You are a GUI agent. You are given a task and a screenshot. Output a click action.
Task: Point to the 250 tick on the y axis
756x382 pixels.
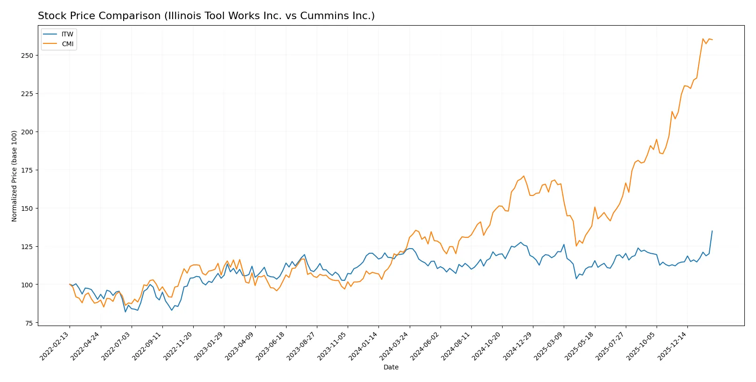point(27,56)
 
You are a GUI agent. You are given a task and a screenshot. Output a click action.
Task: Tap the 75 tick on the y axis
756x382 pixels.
point(29,323)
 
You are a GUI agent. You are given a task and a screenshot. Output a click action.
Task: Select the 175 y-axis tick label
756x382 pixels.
point(27,170)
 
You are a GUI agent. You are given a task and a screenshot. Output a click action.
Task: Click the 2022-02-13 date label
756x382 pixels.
point(55,346)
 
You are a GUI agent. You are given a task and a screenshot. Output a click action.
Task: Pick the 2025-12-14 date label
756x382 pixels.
point(672,346)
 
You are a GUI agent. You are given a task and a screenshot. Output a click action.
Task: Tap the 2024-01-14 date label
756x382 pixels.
point(364,346)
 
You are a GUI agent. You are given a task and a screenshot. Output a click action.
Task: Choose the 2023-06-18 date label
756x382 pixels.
point(271,346)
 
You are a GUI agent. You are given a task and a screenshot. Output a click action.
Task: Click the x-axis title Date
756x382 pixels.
point(391,367)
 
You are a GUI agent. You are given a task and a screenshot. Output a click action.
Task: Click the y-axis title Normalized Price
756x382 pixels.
point(14,176)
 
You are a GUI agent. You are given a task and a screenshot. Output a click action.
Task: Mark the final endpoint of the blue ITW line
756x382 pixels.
point(712,231)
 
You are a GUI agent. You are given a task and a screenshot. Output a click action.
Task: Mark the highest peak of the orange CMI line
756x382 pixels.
point(703,39)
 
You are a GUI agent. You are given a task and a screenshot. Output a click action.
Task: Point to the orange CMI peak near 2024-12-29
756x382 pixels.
point(524,176)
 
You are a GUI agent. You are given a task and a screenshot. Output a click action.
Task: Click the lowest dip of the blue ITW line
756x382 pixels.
point(125,312)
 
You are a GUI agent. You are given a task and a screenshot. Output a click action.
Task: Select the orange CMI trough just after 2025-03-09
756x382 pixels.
point(576,246)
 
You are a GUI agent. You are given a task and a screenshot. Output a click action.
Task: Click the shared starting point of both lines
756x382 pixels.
point(70,285)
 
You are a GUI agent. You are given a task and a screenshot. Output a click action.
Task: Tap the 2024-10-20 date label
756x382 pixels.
point(487,346)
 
